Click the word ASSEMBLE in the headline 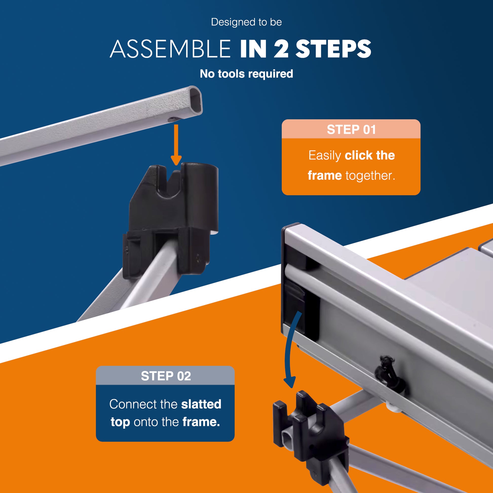pyautogui.click(x=170, y=49)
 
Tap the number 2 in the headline pyautogui.click(x=281, y=49)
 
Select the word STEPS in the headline pyautogui.click(x=333, y=49)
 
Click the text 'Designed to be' pyautogui.click(x=247, y=22)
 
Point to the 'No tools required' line pyautogui.click(x=247, y=74)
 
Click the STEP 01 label pyautogui.click(x=351, y=130)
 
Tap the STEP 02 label pyautogui.click(x=166, y=376)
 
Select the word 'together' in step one pyautogui.click(x=370, y=176)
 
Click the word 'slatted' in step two pyautogui.click(x=201, y=404)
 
